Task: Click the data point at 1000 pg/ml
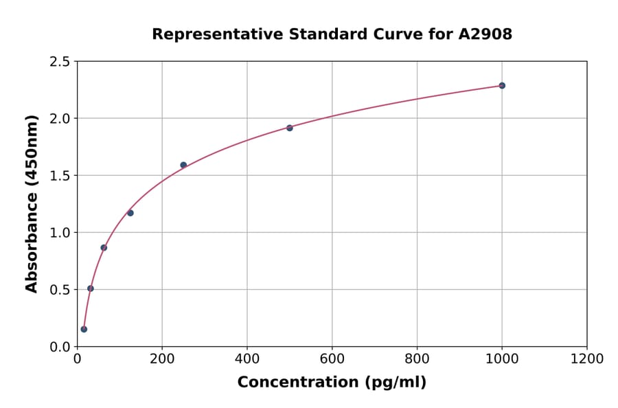(x=502, y=86)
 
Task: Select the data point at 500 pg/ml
(x=290, y=128)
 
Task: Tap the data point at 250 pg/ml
(x=183, y=165)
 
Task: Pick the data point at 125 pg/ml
(x=130, y=213)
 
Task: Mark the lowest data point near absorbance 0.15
(x=84, y=329)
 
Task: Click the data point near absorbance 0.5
(x=91, y=288)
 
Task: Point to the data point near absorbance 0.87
(x=104, y=247)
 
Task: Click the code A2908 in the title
(x=485, y=34)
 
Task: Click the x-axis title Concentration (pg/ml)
(x=332, y=383)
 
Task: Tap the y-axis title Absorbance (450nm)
(x=32, y=203)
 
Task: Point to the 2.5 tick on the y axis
(x=59, y=62)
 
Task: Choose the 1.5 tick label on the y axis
(x=59, y=176)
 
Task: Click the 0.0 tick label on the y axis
(x=59, y=347)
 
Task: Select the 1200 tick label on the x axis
(x=586, y=359)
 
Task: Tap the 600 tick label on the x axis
(x=332, y=359)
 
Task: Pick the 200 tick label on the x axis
(x=162, y=359)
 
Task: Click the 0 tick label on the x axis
(x=77, y=359)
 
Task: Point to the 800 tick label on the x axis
(x=417, y=359)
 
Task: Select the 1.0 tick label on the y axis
(x=59, y=233)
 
